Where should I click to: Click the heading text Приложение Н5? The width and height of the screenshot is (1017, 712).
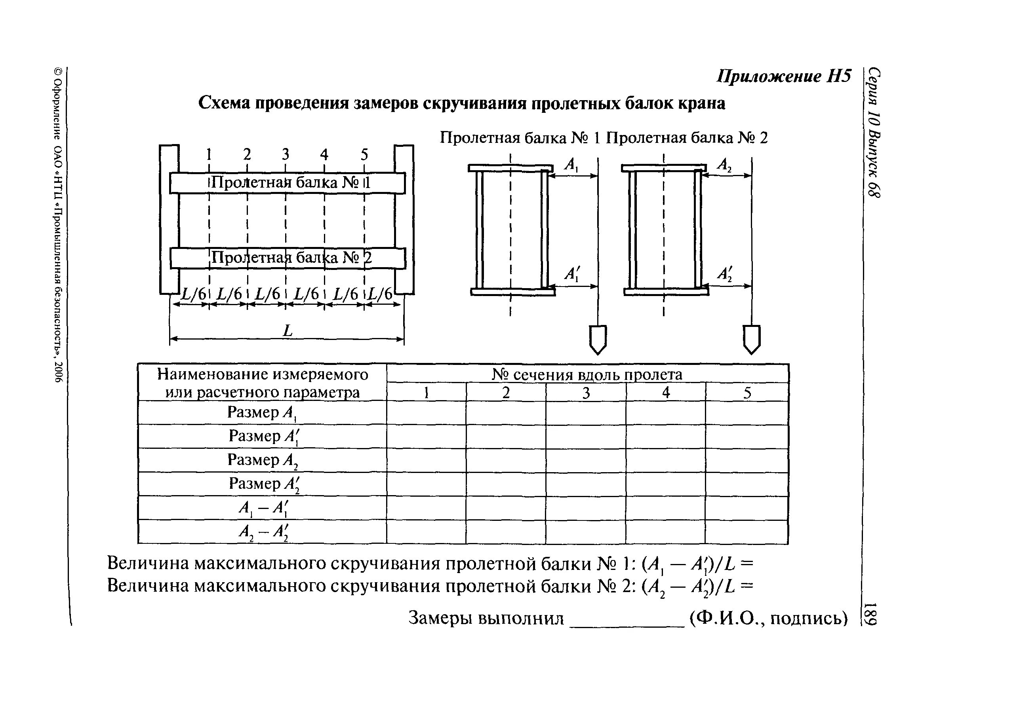(784, 76)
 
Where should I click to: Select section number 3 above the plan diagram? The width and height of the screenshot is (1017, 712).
(286, 154)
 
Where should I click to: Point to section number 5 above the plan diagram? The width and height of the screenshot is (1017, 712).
(364, 154)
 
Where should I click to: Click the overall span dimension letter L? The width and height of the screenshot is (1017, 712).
(288, 330)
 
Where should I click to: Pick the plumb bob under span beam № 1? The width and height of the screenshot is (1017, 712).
(598, 339)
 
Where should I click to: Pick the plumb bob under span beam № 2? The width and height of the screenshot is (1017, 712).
(751, 339)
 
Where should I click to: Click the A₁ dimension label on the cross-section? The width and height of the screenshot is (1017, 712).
(571, 165)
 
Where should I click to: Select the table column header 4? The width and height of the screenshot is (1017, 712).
(665, 392)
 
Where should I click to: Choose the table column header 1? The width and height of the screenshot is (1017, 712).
(426, 392)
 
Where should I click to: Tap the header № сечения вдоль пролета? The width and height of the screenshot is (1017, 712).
(587, 374)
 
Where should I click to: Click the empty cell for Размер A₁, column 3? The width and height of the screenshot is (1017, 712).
(586, 413)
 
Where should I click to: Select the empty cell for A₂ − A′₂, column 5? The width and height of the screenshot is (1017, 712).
(747, 532)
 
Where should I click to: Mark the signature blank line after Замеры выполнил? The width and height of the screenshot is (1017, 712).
(627, 624)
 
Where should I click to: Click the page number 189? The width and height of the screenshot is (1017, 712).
(870, 614)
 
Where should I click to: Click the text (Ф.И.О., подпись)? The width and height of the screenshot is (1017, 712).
(769, 618)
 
